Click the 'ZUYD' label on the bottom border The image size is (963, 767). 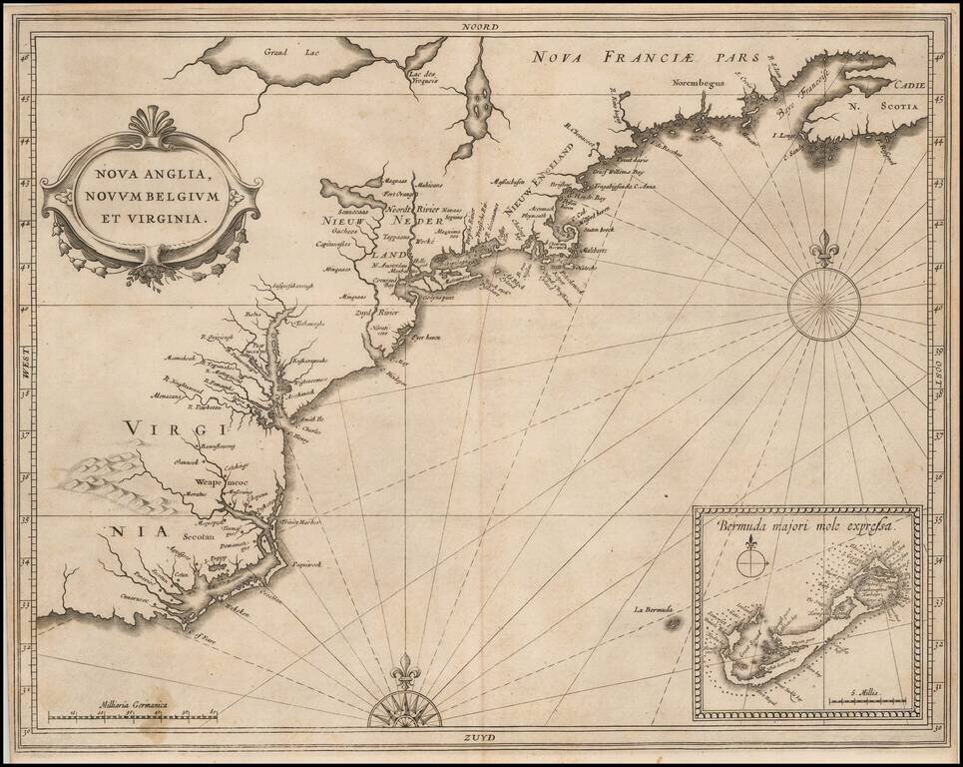click(481, 738)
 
